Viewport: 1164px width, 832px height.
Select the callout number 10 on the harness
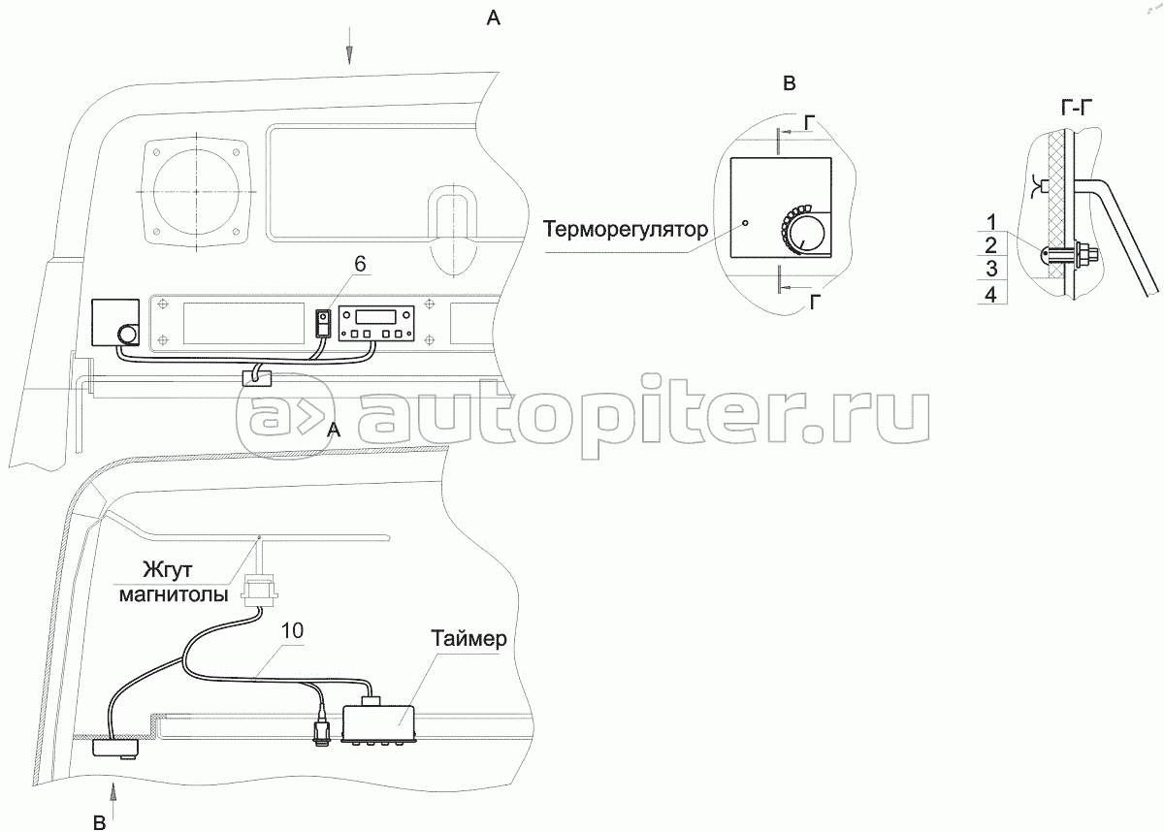click(x=292, y=630)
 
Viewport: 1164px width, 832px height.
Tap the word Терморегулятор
click(x=625, y=230)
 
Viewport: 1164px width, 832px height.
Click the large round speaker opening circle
click(x=196, y=191)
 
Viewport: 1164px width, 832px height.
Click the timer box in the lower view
click(x=380, y=722)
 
